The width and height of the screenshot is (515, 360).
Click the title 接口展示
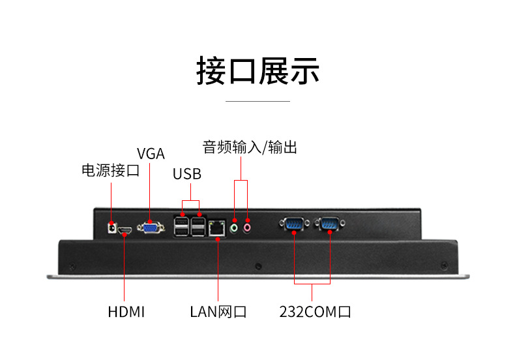click(257, 70)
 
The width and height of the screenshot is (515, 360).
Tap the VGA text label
click(151, 154)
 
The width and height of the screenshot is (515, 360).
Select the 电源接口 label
click(110, 171)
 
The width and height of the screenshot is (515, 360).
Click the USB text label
click(187, 174)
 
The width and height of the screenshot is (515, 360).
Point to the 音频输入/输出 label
click(250, 147)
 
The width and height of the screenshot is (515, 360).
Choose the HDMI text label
click(126, 312)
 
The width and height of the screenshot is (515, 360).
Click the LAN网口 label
click(218, 312)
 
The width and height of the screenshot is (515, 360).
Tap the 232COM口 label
click(315, 312)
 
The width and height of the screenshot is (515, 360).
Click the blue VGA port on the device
click(151, 228)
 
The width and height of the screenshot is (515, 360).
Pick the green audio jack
click(235, 228)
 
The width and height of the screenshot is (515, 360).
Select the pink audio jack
click(248, 228)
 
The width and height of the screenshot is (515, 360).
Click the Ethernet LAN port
click(217, 228)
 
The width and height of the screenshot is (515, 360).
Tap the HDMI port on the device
click(125, 230)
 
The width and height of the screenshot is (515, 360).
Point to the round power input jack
click(111, 228)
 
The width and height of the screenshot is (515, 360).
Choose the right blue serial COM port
click(328, 225)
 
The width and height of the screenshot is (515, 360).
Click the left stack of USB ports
click(183, 226)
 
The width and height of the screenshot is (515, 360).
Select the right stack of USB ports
click(199, 226)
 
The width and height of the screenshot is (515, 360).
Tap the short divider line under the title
click(257, 101)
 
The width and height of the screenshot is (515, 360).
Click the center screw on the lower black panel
click(258, 266)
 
